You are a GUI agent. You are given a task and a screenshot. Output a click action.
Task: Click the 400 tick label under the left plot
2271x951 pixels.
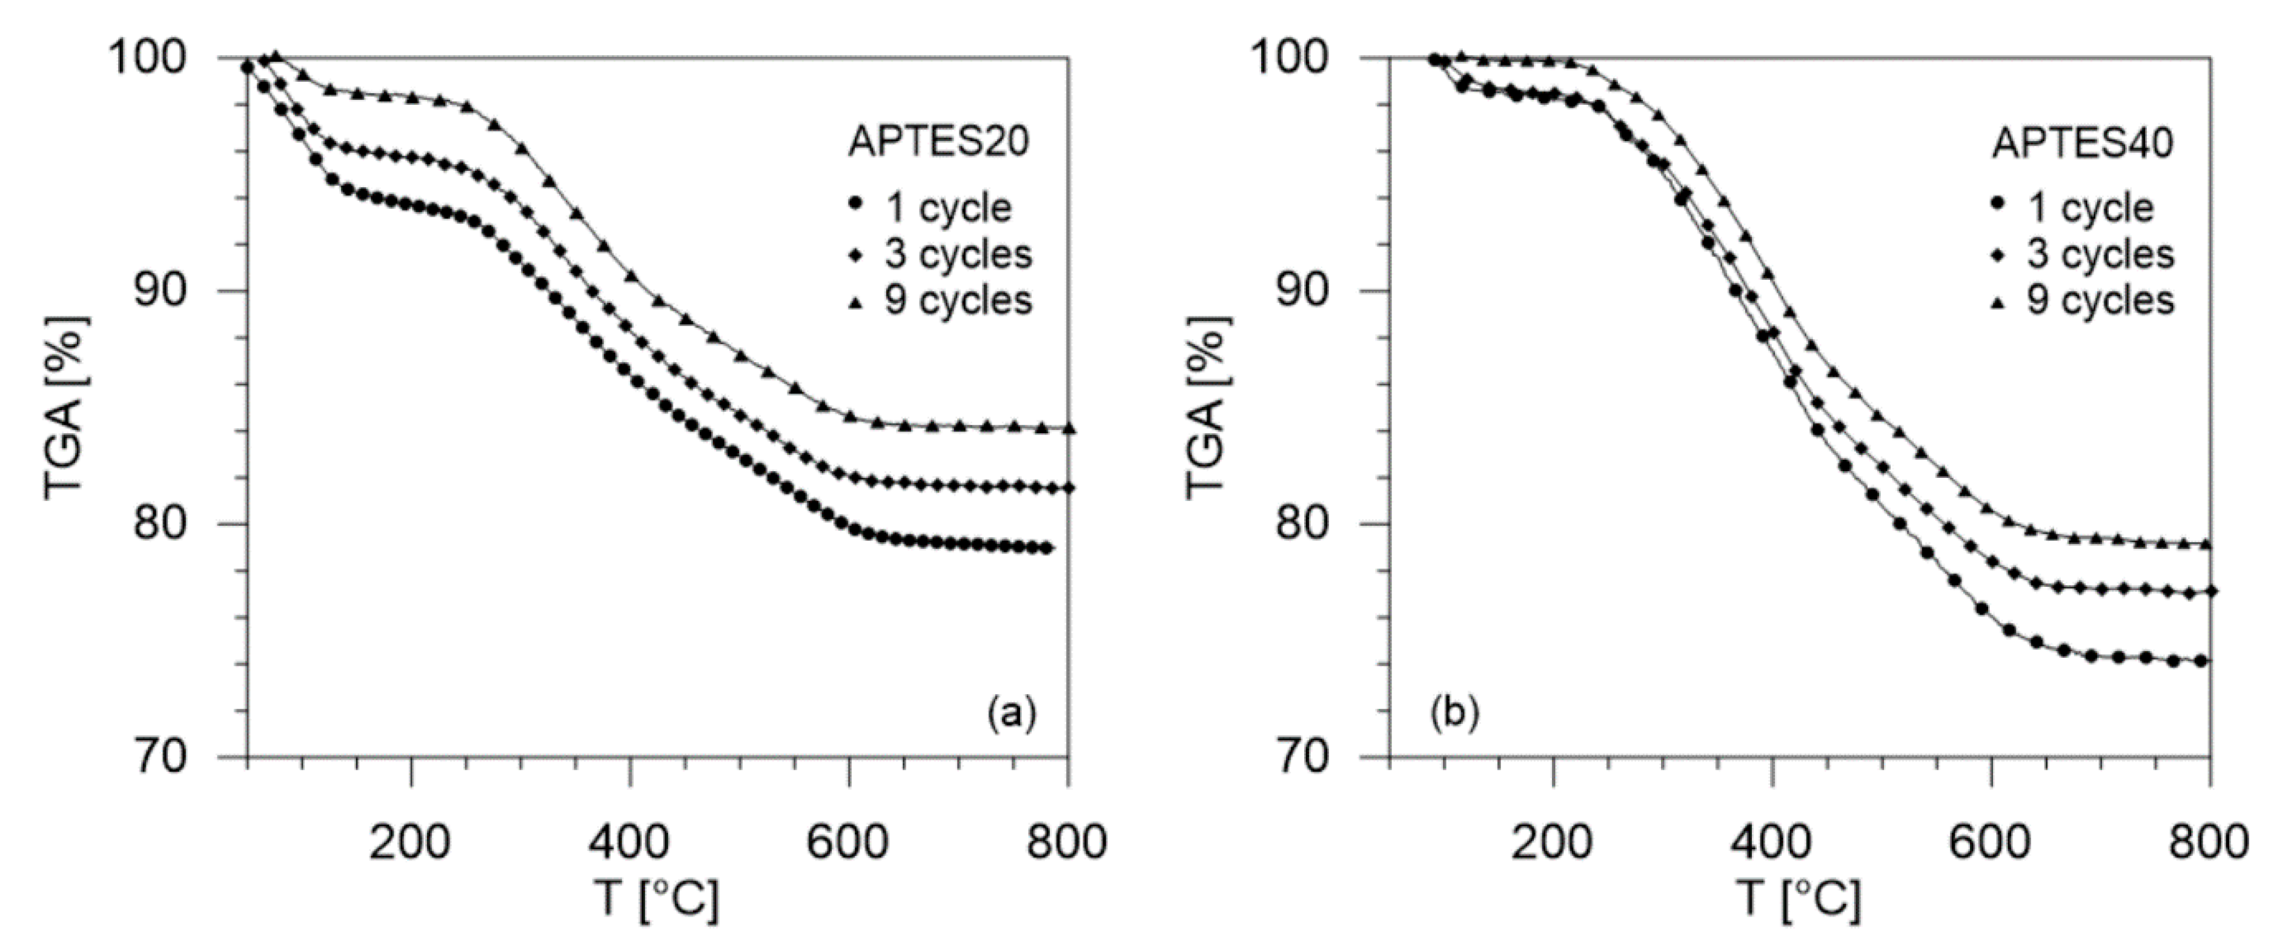(629, 843)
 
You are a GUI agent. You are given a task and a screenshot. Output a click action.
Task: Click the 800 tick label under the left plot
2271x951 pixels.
(1067, 843)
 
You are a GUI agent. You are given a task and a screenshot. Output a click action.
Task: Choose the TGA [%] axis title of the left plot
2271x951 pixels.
(65, 407)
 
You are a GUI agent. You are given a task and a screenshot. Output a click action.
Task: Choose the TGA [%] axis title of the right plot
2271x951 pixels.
(1208, 407)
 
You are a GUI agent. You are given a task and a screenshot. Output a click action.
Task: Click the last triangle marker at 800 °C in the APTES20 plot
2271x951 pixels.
(1069, 428)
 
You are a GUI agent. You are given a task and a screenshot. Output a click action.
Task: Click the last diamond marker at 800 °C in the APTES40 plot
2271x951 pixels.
(2211, 591)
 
